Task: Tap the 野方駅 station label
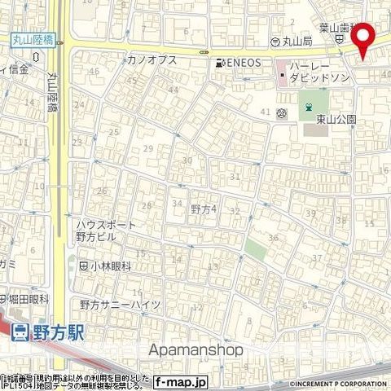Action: (59, 332)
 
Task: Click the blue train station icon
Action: (20, 332)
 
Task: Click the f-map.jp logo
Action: (182, 381)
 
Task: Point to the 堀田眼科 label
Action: (29, 299)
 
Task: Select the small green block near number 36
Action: (256, 249)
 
